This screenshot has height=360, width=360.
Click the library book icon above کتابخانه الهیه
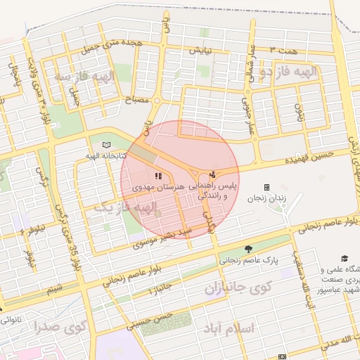pos(107,145)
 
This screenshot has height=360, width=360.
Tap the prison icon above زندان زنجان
pos(266,187)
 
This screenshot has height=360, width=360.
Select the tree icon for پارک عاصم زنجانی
pos(247,249)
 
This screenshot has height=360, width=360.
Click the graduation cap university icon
pos(345,259)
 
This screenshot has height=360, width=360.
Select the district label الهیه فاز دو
pos(288,72)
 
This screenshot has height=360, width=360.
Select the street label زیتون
pos(299,111)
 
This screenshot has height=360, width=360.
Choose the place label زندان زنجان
pos(267,199)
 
